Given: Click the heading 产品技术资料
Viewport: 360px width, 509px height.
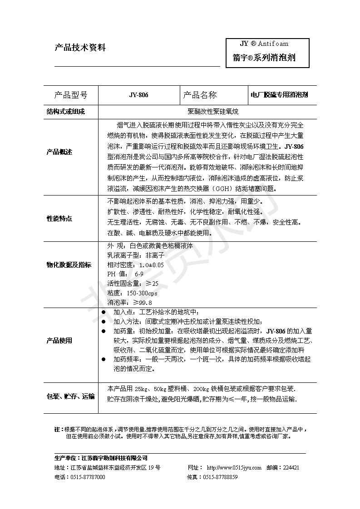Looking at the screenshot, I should [80, 47].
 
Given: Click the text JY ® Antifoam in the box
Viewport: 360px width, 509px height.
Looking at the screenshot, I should [264, 44].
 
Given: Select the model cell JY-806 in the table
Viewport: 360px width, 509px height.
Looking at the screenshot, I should [138, 95].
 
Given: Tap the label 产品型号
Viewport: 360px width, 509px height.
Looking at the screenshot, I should [70, 95].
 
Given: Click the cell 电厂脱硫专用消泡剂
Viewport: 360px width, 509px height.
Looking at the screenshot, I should [279, 95].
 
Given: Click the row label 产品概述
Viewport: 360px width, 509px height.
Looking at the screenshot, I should [59, 152].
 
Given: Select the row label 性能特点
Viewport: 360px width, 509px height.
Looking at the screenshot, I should [59, 218].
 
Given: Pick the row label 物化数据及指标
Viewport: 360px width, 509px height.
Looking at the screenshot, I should [69, 264].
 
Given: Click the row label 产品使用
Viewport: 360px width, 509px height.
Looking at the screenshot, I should [59, 341].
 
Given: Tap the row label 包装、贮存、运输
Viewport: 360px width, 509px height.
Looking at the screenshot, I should [71, 396].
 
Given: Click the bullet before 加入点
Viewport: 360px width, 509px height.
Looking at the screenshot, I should [104, 313].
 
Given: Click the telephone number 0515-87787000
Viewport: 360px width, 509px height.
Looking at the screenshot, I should [88, 477].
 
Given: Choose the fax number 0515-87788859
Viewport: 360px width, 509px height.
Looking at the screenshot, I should [220, 477].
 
